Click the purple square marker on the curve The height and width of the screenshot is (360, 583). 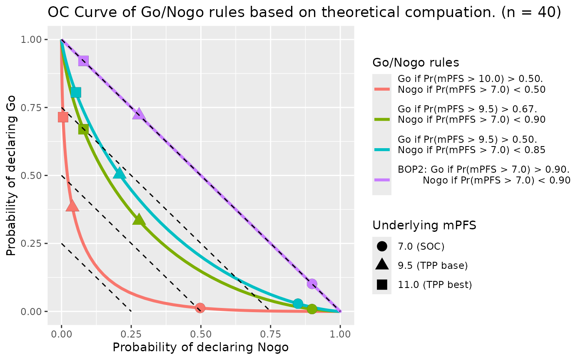click(83, 61)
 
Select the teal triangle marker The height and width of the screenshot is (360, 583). click(120, 174)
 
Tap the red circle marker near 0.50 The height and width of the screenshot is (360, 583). click(200, 308)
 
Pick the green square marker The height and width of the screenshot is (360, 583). click(83, 129)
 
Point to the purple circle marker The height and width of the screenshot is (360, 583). click(312, 284)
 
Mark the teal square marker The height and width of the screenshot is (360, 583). click(76, 92)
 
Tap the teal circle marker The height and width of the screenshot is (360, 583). click(298, 303)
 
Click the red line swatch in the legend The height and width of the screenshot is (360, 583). click(382, 89)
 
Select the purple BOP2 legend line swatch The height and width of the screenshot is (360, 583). click(382, 180)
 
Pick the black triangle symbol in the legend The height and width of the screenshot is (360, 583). click(382, 265)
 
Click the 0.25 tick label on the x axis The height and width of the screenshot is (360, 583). click(131, 334)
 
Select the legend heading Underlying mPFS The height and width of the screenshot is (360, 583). click(424, 226)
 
